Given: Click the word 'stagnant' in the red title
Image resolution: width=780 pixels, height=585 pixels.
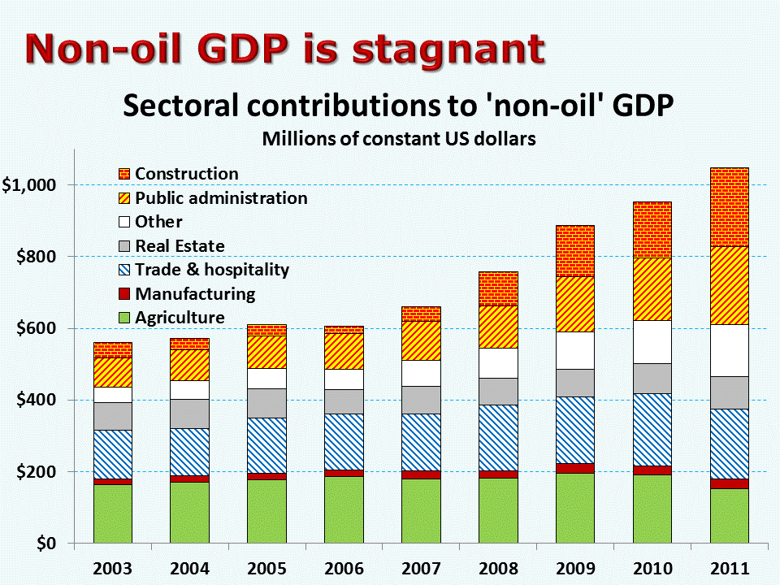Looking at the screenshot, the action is pos(448,50).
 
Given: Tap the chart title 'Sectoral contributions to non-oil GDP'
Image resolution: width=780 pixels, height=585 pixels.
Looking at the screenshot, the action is pos(398,106).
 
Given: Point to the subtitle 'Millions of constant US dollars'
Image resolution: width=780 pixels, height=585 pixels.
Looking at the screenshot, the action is pos(399,139).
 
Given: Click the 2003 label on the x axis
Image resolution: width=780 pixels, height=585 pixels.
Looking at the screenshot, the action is pos(112,568).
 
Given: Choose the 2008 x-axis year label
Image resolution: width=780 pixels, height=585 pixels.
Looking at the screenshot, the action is pos(498,568).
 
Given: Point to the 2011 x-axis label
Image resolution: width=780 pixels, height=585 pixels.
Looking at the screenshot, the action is pos(730,568).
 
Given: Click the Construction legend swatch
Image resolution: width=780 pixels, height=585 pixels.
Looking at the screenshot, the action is pos(124,174).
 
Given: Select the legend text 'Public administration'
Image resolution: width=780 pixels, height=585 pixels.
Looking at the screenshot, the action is pos(221,198).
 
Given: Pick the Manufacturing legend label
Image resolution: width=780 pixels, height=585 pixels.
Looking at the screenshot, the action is pos(196,293).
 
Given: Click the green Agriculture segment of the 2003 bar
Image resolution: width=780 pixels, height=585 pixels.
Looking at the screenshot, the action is pos(113,513).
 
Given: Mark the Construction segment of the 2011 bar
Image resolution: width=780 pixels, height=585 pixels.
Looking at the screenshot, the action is pos(730,207).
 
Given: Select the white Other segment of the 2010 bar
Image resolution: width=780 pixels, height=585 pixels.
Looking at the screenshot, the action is pos(652,342).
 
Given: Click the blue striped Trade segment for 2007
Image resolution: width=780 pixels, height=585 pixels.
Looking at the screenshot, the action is pos(422,442).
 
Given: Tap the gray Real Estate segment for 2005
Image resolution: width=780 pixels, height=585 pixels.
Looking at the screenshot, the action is pos(267,404).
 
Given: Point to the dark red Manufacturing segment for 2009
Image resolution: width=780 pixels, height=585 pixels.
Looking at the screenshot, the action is pos(575,469).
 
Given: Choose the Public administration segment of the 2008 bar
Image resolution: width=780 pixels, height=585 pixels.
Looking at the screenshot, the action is pos(498,327).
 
